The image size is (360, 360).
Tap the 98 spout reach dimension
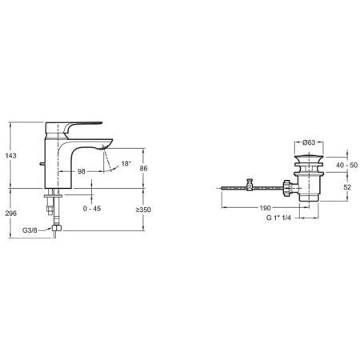82,171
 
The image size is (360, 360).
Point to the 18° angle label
126,163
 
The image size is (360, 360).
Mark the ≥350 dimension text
143,210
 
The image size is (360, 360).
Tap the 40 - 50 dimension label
346,163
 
